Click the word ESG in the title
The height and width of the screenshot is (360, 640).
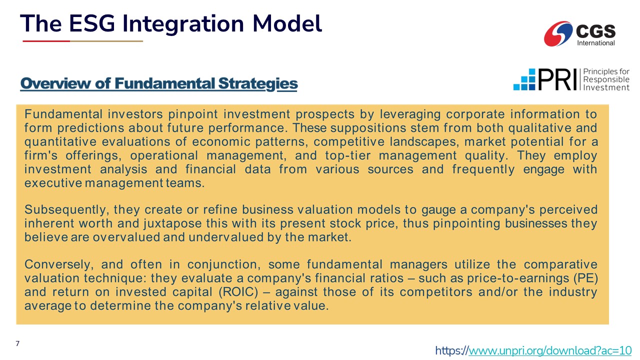pos(91,23)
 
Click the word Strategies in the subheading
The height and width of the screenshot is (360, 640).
pos(257,84)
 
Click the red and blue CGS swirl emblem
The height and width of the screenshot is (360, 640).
pos(558,33)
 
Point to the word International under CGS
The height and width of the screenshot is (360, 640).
pos(595,43)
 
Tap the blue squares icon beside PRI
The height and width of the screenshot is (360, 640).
pos(524,79)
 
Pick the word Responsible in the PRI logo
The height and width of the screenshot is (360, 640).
pos(606,79)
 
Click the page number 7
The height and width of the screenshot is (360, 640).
pos(17,343)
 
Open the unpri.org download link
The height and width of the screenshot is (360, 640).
pos(533,350)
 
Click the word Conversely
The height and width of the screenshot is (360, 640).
pos(59,264)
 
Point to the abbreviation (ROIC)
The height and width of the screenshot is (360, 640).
pos(238,292)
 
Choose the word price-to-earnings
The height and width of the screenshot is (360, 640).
pos(518,278)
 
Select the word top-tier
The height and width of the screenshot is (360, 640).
pos(347,155)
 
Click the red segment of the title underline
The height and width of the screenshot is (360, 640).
pos(46,41)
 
